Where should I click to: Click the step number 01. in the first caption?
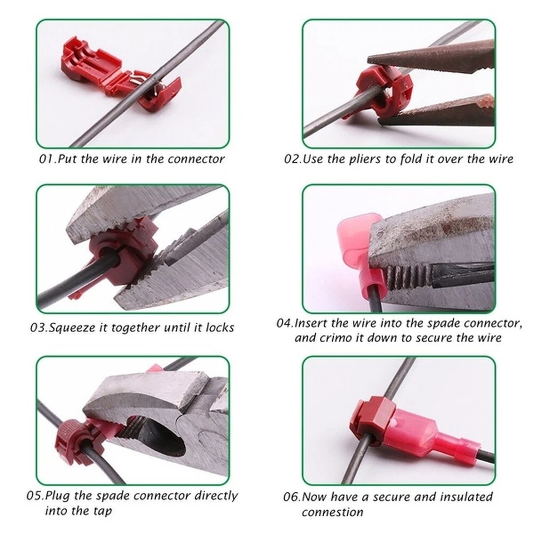coord(48,159)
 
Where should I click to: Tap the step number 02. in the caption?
coord(293,159)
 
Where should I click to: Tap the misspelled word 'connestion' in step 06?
coord(332,512)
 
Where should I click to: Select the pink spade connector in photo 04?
coord(359,245)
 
